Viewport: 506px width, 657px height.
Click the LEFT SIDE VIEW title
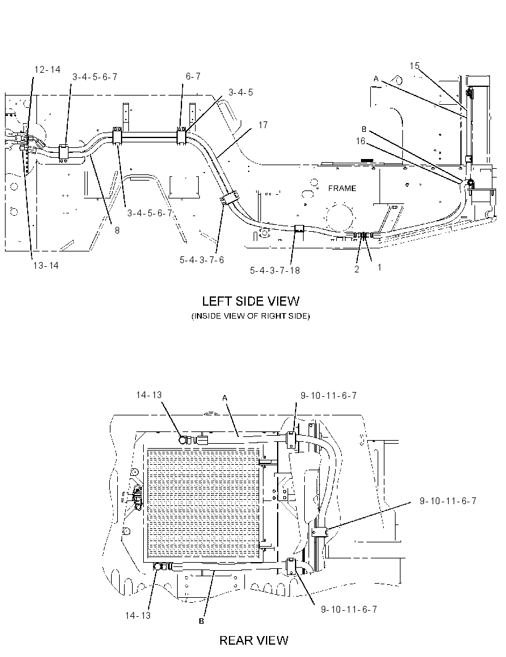tap(251, 301)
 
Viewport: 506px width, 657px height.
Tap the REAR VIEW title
tap(254, 640)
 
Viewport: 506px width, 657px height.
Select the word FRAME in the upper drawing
tap(342, 189)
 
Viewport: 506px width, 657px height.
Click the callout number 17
tap(263, 125)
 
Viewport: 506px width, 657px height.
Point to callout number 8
tap(117, 230)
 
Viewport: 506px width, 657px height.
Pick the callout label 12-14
tap(48, 70)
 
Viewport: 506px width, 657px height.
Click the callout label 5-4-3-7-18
tap(275, 271)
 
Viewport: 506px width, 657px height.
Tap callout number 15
tap(415, 66)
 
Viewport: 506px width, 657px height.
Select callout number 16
tap(360, 141)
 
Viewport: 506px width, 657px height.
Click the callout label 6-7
tap(193, 76)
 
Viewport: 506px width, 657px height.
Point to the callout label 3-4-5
tap(241, 92)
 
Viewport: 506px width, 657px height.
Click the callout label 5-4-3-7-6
tap(202, 260)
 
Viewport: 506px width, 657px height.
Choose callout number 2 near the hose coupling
tap(357, 269)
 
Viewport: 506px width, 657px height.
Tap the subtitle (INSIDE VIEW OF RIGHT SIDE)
tap(251, 316)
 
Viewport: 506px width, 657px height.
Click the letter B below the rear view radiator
tap(201, 621)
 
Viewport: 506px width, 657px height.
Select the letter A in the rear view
tap(225, 398)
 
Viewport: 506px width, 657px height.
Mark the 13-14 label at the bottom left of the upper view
tap(46, 266)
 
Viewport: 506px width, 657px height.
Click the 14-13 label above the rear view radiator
tap(149, 395)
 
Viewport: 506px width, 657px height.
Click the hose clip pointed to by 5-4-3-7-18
tap(298, 229)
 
